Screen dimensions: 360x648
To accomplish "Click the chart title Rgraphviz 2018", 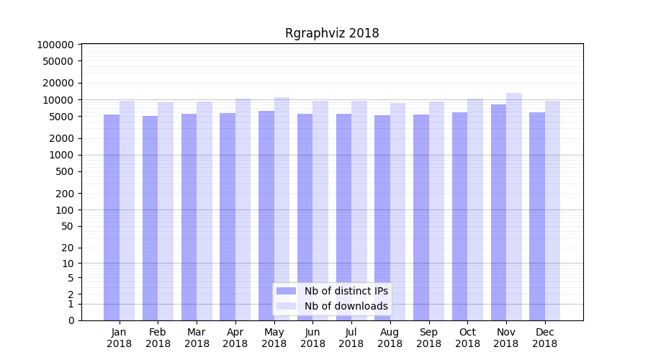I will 332,33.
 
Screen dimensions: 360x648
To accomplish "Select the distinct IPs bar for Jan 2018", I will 112,216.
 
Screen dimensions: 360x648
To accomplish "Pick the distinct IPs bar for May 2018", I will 266,215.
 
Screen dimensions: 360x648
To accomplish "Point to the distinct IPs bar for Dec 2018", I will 537,216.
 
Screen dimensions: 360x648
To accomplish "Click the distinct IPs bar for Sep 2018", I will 421,217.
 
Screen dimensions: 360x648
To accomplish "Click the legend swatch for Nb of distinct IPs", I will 287,291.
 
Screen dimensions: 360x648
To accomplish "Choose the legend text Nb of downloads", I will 346,306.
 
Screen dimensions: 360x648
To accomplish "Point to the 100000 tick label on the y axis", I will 55,45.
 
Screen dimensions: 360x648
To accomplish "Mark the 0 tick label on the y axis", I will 71,320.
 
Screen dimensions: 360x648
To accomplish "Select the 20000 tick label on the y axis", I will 58,83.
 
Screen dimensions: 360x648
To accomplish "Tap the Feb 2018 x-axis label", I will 158,338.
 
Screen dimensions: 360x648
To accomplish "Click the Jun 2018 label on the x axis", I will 312,338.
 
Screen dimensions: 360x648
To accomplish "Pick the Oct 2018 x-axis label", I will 467,338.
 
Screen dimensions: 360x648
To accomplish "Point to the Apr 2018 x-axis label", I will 235,338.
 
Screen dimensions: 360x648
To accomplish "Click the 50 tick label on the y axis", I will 67,226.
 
